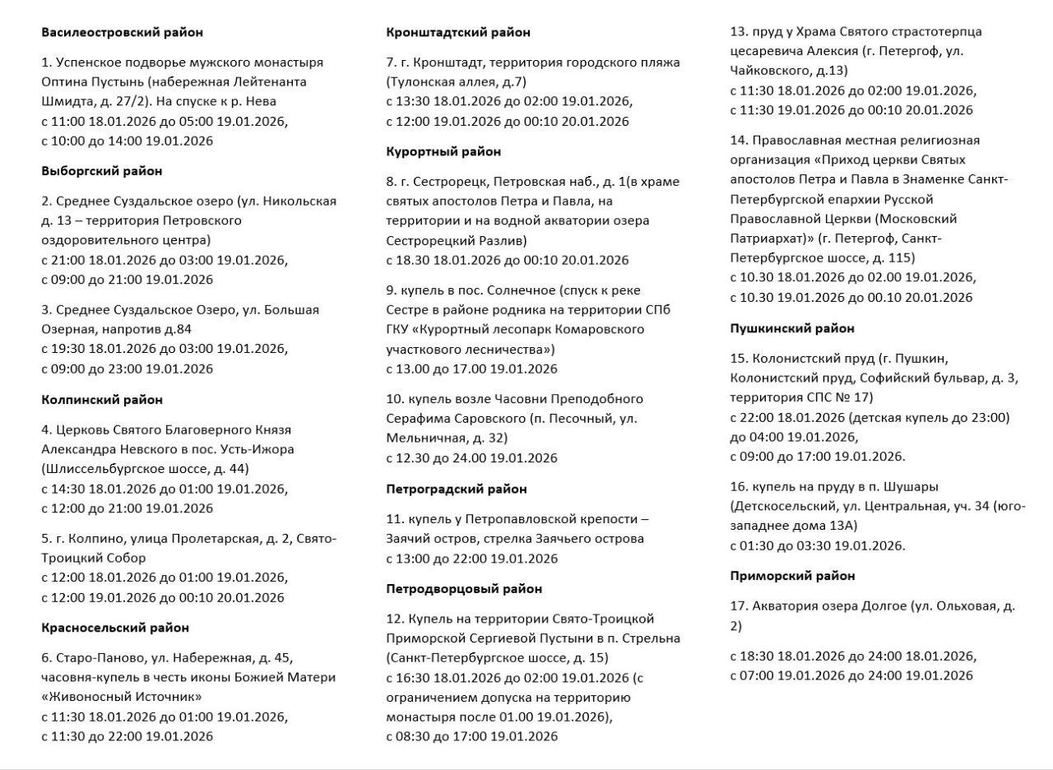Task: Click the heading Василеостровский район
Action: coord(122,33)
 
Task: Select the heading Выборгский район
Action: coord(102,171)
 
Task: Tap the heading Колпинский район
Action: coord(102,400)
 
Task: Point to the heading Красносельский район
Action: coord(115,628)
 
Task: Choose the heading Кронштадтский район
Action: coord(458,33)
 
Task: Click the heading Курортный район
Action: coord(443,151)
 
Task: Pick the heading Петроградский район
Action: coord(457,489)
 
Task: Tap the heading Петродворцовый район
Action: coord(464,589)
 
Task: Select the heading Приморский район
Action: coord(793,576)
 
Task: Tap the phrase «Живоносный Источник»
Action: coord(122,697)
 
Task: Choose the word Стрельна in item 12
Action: coord(652,638)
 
